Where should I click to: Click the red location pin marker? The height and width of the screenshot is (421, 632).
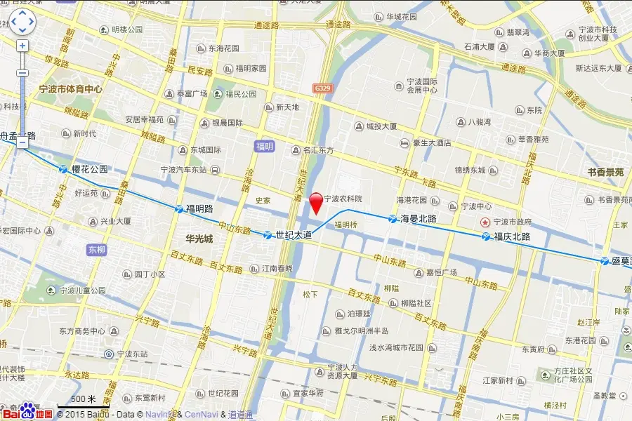317,202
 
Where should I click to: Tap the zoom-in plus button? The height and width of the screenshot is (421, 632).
22,46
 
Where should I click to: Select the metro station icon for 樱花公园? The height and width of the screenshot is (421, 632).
64,169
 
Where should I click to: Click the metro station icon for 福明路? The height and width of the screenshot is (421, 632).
178,208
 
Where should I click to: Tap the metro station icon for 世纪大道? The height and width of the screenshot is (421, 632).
268,234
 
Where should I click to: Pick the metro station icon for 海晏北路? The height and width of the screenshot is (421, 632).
393,218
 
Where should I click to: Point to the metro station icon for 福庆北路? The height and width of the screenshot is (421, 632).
486,236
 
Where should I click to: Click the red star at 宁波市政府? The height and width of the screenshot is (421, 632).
485,222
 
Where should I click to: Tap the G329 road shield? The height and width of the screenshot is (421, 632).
323,88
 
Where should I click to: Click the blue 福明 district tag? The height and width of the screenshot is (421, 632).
265,147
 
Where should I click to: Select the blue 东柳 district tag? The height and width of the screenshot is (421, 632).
97,250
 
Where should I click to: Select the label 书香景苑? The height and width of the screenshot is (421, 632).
605,172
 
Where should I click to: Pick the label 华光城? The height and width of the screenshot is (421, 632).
199,239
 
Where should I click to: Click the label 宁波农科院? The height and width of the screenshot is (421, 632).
343,199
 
